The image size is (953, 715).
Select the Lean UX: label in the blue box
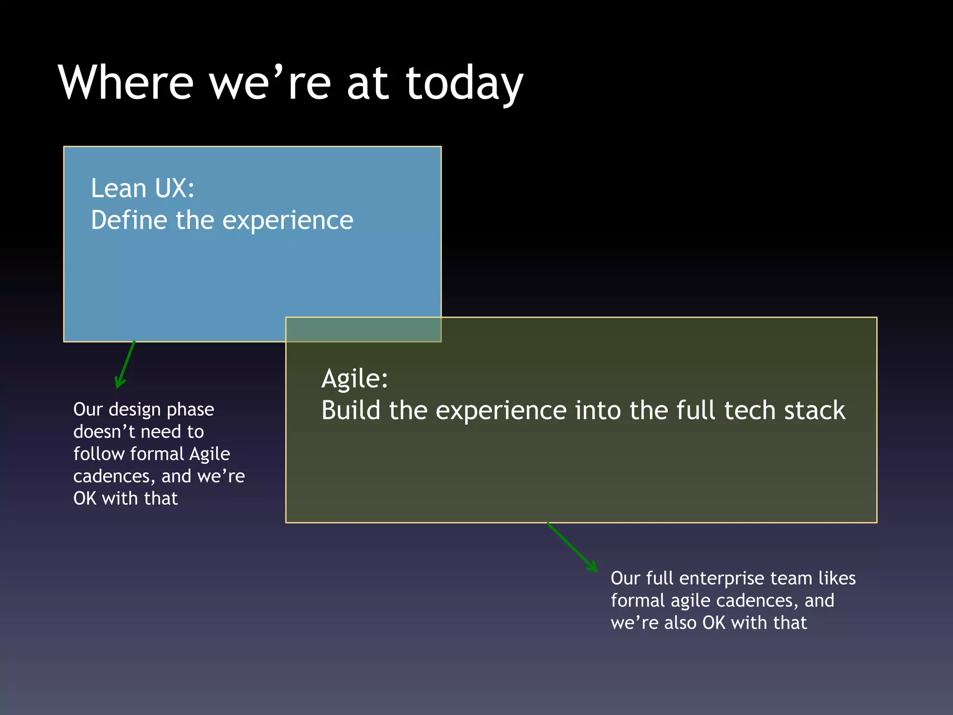point(142,189)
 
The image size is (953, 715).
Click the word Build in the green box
point(351,411)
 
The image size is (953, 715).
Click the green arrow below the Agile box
point(572,547)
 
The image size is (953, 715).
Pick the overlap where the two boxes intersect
point(363,330)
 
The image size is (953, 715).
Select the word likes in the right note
point(837,578)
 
